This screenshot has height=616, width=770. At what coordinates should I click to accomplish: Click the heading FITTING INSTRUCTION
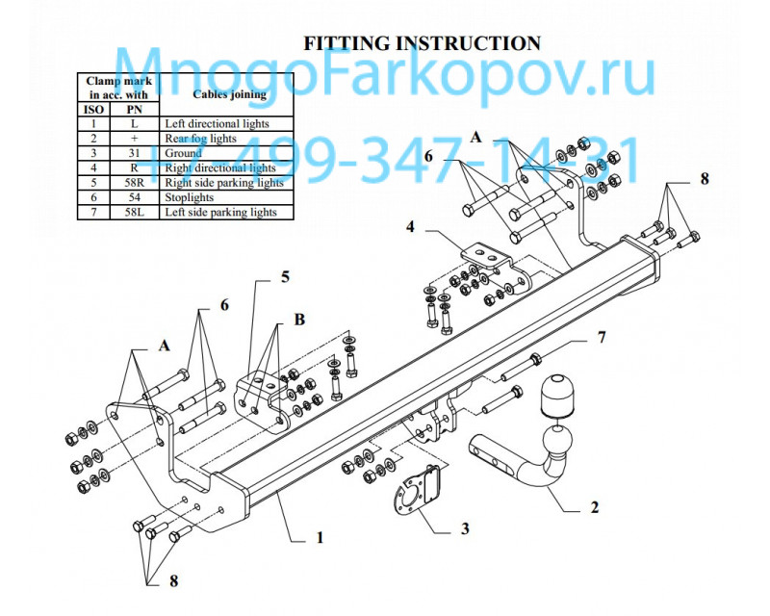tap(422, 43)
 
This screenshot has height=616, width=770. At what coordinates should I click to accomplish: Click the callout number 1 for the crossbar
tap(320, 538)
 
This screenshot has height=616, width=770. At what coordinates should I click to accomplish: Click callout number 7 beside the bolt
tap(602, 338)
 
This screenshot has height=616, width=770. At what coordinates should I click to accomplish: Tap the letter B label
tap(299, 317)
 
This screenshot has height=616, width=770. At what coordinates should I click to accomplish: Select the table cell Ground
tap(183, 153)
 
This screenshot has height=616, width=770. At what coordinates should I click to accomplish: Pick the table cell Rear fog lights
tap(200, 139)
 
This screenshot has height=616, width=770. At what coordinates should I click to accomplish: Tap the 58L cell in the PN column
tap(134, 212)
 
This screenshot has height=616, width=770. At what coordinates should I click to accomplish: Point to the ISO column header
tap(93, 110)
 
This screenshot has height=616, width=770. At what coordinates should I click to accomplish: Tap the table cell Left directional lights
tap(217, 124)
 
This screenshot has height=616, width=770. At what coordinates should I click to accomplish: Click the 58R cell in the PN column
tap(134, 182)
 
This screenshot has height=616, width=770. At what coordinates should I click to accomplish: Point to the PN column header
tap(134, 110)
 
